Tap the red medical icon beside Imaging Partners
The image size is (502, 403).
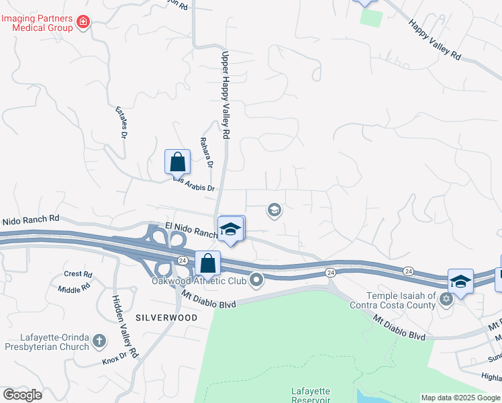click(83, 22)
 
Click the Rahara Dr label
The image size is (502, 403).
click(206, 153)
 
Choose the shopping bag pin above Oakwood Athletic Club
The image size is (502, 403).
click(208, 263)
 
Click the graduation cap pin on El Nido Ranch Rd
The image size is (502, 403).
click(230, 229)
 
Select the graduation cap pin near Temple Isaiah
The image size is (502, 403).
click(460, 281)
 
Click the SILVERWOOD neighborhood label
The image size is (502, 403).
click(166, 317)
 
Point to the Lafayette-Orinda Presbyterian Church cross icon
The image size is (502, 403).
click(99, 341)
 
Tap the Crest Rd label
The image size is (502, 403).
click(78, 274)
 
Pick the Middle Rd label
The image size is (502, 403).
click(74, 289)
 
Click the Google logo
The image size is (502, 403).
click(22, 395)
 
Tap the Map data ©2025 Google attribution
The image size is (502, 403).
click(460, 398)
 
